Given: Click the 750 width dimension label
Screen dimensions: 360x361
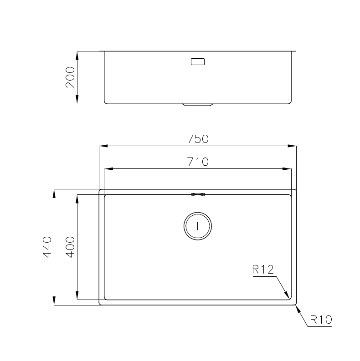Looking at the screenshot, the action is (198, 139).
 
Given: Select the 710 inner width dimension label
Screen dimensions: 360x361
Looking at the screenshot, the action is (198, 162).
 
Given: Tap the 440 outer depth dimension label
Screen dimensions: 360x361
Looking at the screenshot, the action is (47, 247).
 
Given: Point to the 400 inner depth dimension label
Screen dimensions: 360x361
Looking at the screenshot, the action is (70, 247).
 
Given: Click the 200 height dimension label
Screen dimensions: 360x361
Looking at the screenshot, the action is (70, 77).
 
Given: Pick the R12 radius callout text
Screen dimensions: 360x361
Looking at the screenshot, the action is (263, 269).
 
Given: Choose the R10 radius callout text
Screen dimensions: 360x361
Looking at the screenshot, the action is (321, 320).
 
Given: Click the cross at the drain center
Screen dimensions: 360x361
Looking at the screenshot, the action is (198, 226).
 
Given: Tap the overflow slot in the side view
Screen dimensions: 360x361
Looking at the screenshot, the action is (198, 62).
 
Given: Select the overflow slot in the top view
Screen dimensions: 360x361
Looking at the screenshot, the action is (198, 194).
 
